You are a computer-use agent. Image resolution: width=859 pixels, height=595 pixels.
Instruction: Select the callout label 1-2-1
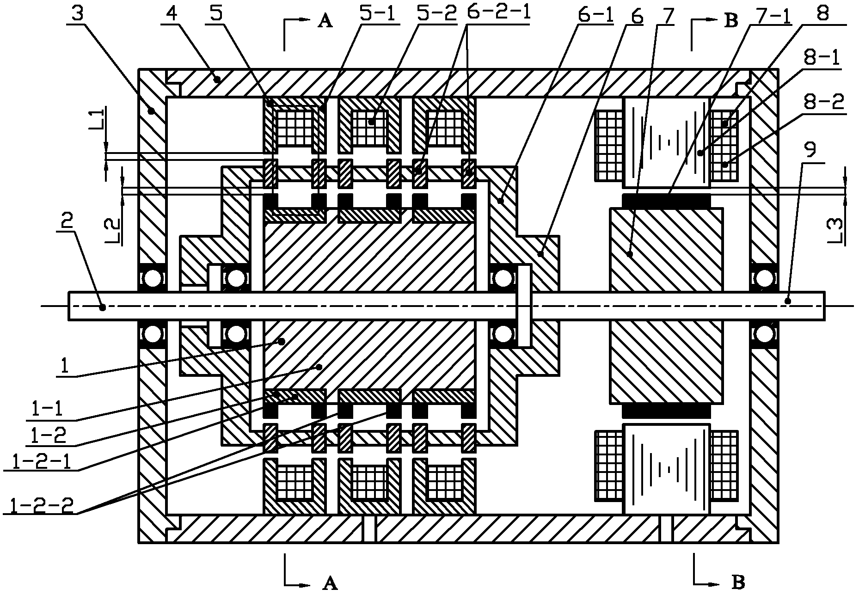pos(37,462)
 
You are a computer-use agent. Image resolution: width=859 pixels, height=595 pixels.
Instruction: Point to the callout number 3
pos(78,12)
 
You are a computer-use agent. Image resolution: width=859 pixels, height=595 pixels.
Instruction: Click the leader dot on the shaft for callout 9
pos(788,301)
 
